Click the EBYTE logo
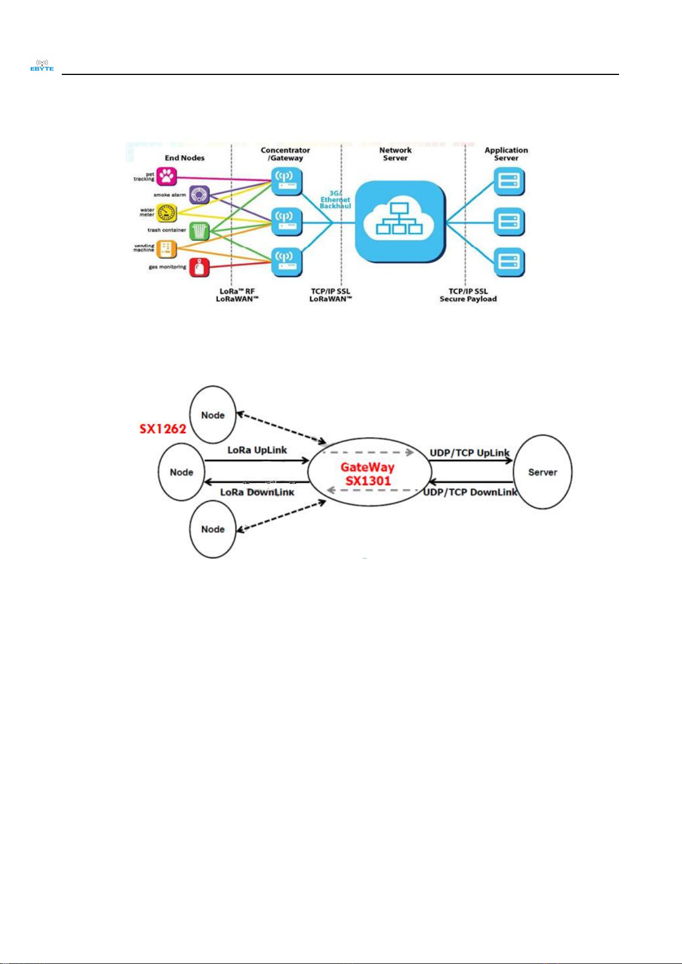tap(42, 65)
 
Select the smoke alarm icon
tap(199, 195)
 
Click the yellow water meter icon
tap(166, 213)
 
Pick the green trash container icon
tap(199, 231)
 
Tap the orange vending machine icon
tap(166, 249)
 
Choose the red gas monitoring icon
tap(199, 267)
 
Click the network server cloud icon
tap(399, 222)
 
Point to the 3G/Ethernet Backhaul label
tap(335, 200)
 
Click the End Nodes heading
tap(184, 158)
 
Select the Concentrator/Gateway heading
tap(286, 154)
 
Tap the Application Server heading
tap(506, 154)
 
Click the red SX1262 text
tap(163, 429)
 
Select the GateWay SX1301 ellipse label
tap(368, 474)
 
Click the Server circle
tap(542, 472)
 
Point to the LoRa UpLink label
tap(257, 450)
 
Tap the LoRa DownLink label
tap(257, 492)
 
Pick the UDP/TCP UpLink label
tap(469, 453)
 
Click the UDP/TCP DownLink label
tap(470, 492)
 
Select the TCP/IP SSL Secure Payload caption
tap(468, 295)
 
